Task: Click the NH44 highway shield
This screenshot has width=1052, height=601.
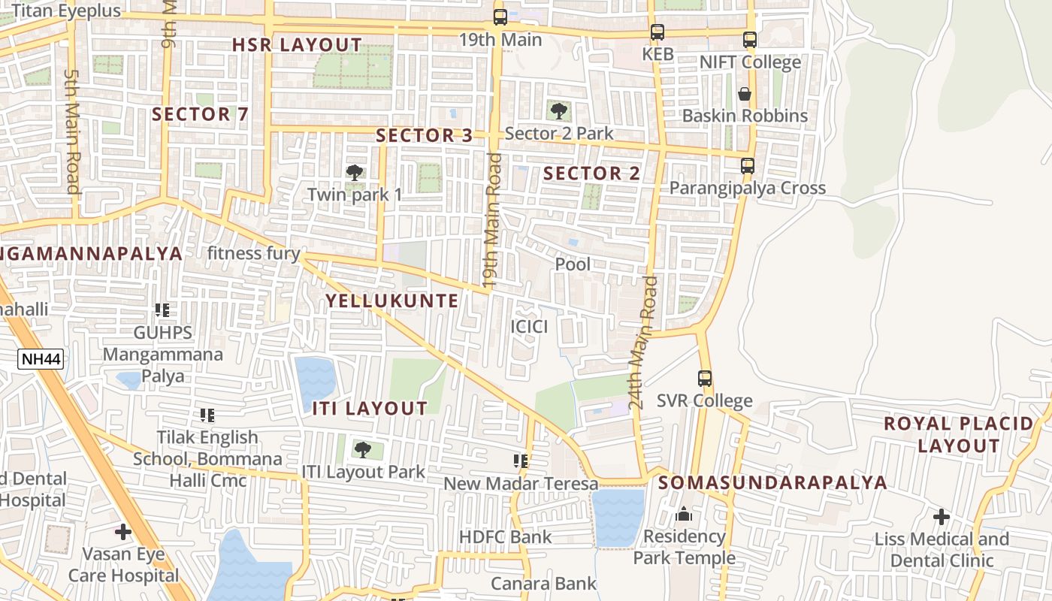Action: [41, 359]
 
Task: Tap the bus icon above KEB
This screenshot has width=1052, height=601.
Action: [657, 32]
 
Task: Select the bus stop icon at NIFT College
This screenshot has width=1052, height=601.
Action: [749, 40]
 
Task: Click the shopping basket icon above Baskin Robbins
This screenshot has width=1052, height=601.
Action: [745, 94]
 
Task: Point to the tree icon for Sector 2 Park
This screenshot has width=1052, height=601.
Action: [558, 111]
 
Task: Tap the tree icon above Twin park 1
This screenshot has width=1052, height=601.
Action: [355, 173]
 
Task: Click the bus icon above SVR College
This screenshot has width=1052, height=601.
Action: [704, 379]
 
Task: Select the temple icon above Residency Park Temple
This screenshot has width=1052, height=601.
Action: [684, 515]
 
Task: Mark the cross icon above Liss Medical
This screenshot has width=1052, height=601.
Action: [941, 517]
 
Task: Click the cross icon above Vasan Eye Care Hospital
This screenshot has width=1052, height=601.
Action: [123, 532]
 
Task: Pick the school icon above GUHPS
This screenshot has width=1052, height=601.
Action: [162, 310]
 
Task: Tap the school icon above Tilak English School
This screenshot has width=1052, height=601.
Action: [207, 415]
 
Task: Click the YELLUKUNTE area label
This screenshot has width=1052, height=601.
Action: [391, 301]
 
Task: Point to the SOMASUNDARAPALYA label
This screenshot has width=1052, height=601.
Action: [772, 483]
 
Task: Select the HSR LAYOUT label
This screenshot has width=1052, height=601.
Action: [297, 45]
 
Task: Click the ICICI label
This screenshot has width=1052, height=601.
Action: [529, 327]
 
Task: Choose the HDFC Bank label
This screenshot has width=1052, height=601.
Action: [505, 537]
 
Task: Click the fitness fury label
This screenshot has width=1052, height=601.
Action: [253, 253]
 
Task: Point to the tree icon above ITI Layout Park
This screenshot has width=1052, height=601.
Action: [363, 450]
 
